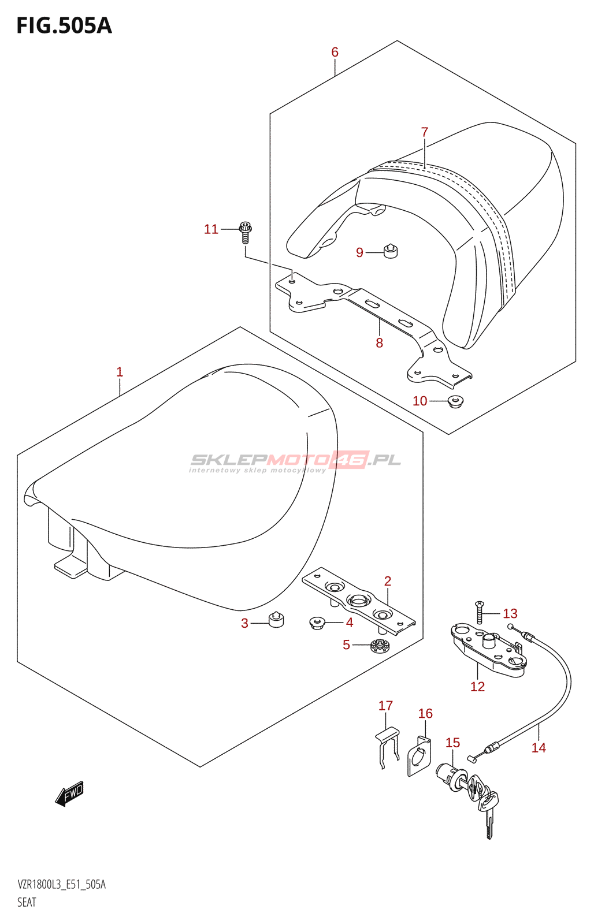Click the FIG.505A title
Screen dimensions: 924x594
[64, 26]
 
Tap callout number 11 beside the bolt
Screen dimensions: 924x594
[211, 230]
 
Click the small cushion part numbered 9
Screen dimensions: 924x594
[391, 251]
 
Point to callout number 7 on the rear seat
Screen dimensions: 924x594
[425, 132]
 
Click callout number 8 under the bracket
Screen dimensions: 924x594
[379, 343]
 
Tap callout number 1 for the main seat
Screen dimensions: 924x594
[120, 372]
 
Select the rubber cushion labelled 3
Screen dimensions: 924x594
[276, 619]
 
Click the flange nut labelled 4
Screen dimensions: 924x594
[317, 623]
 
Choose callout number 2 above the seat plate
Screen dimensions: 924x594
[388, 581]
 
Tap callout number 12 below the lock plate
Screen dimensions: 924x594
[477, 687]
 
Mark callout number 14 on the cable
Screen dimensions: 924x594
[539, 748]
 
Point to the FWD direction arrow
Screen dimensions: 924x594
[70, 794]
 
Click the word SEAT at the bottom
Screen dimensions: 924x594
[27, 902]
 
